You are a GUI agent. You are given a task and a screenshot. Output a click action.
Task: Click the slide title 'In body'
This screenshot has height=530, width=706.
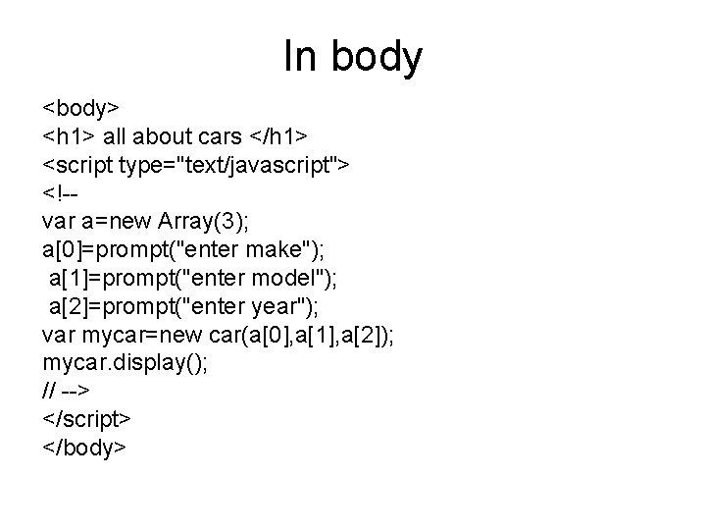[x=353, y=58]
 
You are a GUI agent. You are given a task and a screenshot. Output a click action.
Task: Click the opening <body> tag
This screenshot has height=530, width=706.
[x=80, y=104]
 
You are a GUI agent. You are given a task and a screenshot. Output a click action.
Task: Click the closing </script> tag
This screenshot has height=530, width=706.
[x=86, y=419]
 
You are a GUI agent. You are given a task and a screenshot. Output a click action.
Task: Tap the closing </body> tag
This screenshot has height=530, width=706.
[x=83, y=449]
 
